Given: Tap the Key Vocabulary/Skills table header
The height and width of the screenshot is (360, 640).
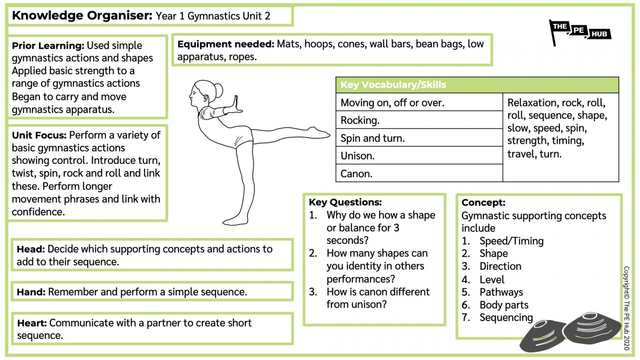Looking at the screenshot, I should pyautogui.click(x=477, y=85).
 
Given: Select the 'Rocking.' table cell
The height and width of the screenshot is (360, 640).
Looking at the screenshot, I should pyautogui.click(x=419, y=120).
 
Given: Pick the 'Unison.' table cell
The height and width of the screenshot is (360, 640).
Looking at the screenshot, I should pyautogui.click(x=419, y=156).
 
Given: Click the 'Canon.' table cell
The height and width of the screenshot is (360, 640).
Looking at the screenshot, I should pyautogui.click(x=419, y=173).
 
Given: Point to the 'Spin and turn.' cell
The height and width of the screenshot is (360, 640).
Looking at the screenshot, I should pyautogui.click(x=419, y=138).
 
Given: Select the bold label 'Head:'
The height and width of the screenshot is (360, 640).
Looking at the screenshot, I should pyautogui.click(x=31, y=250).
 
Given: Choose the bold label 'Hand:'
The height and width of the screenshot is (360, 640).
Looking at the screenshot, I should pyautogui.click(x=31, y=292).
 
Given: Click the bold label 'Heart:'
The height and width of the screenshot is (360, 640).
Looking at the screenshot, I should pyautogui.click(x=32, y=323).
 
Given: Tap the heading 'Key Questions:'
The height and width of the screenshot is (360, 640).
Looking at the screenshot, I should pyautogui.click(x=345, y=202).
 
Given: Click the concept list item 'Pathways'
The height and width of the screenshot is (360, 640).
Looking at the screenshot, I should pyautogui.click(x=501, y=292).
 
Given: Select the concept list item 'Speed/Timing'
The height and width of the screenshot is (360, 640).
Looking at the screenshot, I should pyautogui.click(x=511, y=241).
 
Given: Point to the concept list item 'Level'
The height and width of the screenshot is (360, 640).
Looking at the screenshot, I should pyautogui.click(x=492, y=280).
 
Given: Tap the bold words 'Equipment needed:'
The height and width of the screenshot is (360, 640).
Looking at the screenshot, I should pyautogui.click(x=225, y=44).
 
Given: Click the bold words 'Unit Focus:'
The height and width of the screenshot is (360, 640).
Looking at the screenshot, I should pyautogui.click(x=39, y=135).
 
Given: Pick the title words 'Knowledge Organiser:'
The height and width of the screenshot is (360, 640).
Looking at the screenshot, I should pyautogui.click(x=82, y=16).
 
